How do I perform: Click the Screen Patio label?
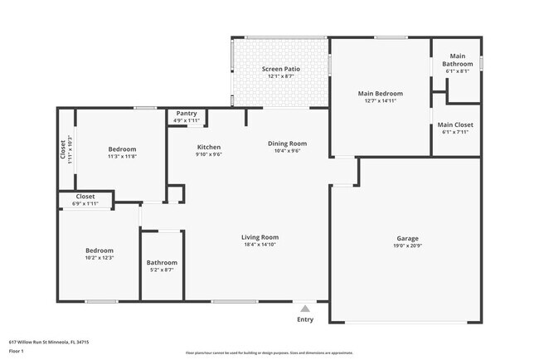click(x=280, y=69)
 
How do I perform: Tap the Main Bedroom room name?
click(x=380, y=94)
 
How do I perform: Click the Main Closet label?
click(x=455, y=124)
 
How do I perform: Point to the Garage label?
click(x=406, y=238)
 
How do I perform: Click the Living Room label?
click(x=260, y=237)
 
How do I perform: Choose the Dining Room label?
click(x=287, y=144)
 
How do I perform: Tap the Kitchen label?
click(x=208, y=147)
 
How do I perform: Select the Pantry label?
click(x=187, y=114)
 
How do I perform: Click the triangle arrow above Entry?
click(x=305, y=309)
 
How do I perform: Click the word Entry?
click(x=305, y=319)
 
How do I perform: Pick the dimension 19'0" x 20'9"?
click(x=406, y=246)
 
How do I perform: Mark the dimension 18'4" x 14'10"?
click(x=260, y=245)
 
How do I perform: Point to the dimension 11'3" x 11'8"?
click(x=122, y=156)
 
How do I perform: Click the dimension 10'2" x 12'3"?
click(x=100, y=258)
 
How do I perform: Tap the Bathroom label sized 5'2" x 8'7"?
click(x=163, y=263)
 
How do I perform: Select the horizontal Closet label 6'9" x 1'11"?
click(x=85, y=197)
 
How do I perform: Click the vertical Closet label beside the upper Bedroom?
click(x=62, y=149)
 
